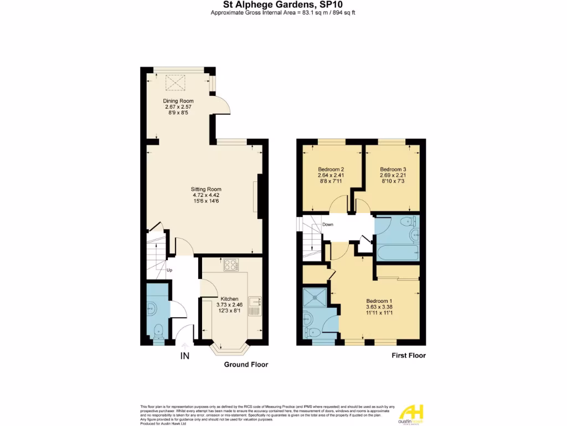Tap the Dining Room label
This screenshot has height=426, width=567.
coord(178,100)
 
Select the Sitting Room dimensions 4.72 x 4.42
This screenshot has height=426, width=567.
coord(206,195)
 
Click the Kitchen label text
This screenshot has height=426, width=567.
coord(229,298)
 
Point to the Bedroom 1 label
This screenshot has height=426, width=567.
coord(379,300)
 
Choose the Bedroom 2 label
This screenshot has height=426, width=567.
coord(331,169)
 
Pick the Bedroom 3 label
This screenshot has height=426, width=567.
coord(393,169)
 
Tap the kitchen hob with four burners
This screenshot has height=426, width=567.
coord(230,266)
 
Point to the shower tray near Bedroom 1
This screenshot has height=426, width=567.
coord(316,298)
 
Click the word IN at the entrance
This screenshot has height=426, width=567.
coord(185,356)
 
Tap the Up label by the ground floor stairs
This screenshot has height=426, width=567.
coord(169,271)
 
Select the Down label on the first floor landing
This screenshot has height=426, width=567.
coord(328,225)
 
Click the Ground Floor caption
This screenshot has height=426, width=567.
coord(246,364)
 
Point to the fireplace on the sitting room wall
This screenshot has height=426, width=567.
coord(256,196)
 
